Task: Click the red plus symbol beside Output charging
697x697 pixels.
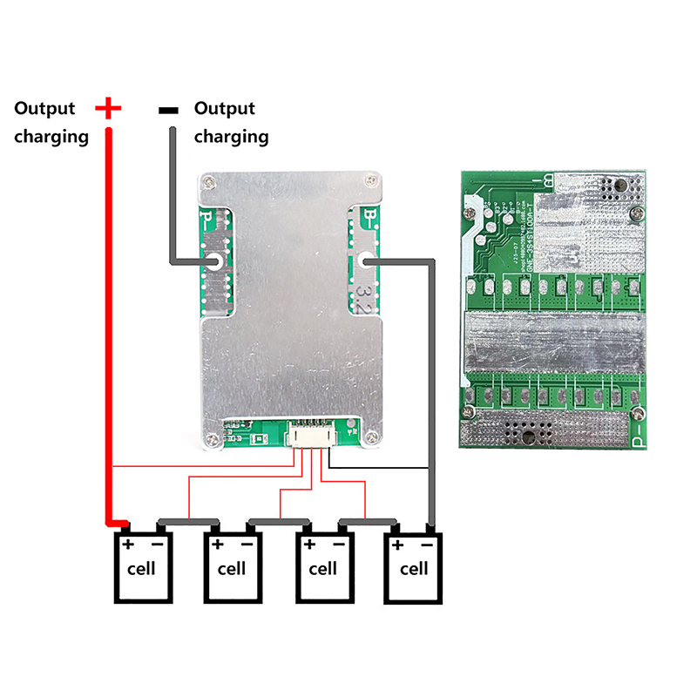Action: [x=108, y=108]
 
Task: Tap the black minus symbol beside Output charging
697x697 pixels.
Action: [x=169, y=110]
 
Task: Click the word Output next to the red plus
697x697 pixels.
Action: [x=44, y=109]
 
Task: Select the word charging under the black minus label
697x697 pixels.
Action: [x=231, y=137]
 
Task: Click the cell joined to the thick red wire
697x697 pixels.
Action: [x=141, y=568]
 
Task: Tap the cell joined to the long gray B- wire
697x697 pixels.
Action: [x=414, y=568]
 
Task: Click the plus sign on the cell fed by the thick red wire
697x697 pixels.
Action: [x=127, y=545]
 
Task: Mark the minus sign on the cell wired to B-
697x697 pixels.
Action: [x=427, y=545]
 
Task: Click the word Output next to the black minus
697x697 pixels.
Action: [x=224, y=109]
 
